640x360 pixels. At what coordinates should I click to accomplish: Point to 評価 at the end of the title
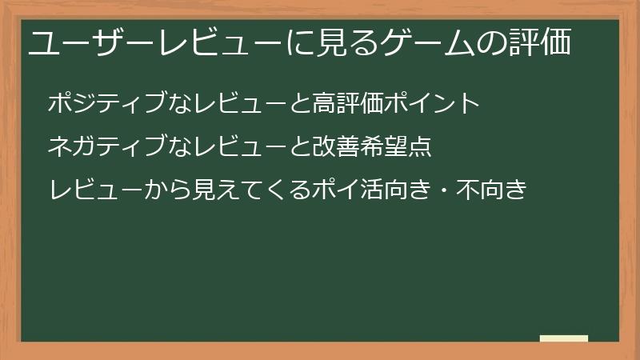tap(541, 43)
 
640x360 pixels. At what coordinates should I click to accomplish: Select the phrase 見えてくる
tap(232, 190)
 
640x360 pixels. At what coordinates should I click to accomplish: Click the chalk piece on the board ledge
tap(564, 338)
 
